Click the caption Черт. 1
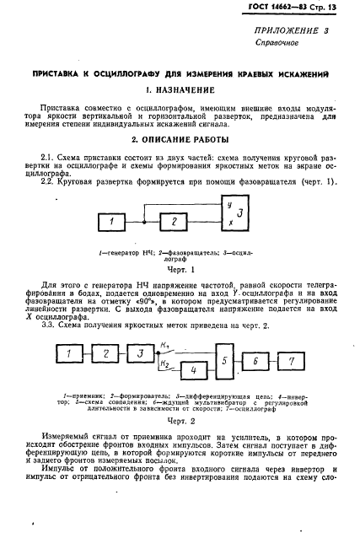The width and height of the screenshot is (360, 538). coord(180,270)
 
